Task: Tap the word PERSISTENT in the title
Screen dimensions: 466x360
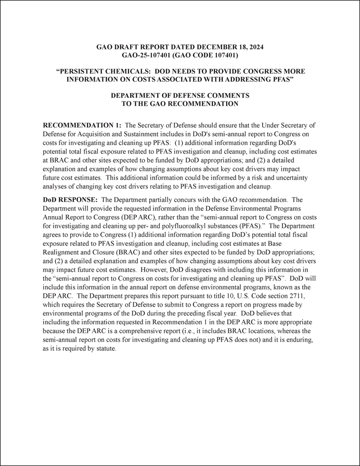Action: click(82, 71)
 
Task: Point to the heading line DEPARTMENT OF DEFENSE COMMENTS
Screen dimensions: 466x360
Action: click(180, 96)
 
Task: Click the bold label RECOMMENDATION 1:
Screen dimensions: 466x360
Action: click(82, 125)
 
